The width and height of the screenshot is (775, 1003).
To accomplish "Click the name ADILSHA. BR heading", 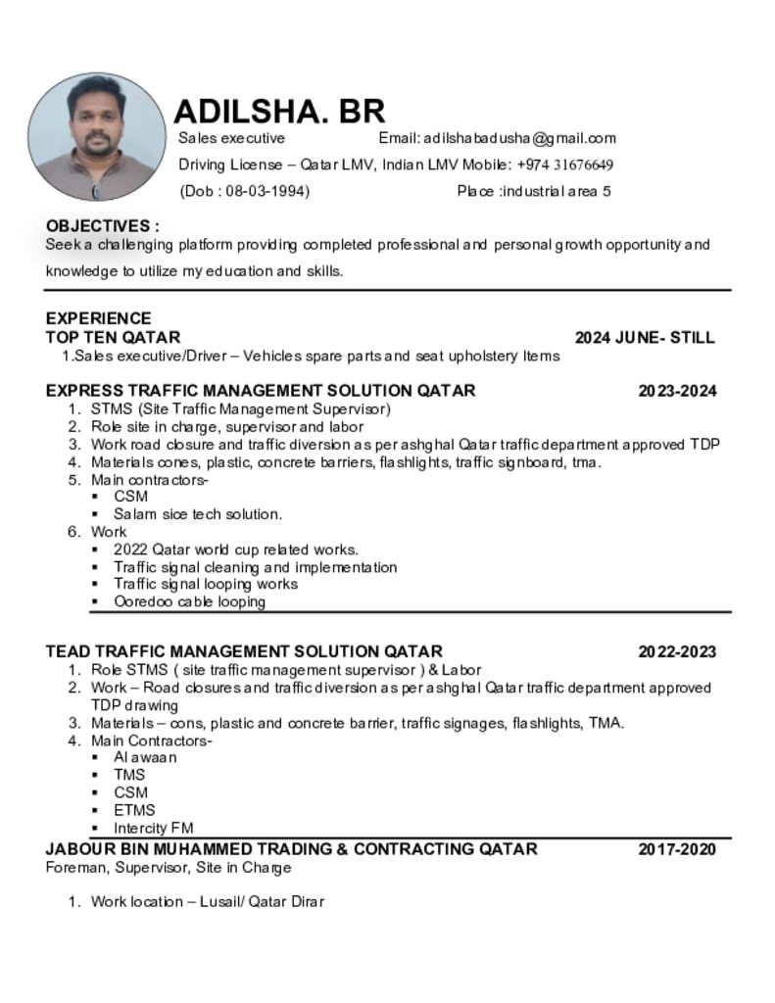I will (x=279, y=111).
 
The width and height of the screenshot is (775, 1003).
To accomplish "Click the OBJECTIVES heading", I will (x=102, y=226).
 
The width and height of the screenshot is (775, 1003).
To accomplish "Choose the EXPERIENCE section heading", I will (x=98, y=318).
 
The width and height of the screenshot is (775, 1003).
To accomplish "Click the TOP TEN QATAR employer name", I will (x=113, y=338).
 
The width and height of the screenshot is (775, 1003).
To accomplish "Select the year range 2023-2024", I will (x=677, y=391).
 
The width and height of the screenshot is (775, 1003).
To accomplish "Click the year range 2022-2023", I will (x=677, y=651).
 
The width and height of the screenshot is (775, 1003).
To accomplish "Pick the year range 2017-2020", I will (x=677, y=849).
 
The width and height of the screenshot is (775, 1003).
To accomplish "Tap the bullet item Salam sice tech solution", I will (x=198, y=514).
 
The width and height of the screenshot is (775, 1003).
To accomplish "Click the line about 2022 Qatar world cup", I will (x=236, y=549).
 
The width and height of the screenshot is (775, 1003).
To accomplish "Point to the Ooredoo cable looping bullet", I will (x=189, y=602).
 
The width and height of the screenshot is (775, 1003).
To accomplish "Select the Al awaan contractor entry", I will (x=145, y=757).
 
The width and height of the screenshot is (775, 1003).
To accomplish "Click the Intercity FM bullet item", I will (x=154, y=828).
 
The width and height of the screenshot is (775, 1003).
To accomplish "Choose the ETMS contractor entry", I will (x=134, y=810).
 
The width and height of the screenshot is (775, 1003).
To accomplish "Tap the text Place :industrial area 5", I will (x=534, y=191).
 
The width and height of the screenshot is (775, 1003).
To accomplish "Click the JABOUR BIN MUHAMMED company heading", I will (x=291, y=849).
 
